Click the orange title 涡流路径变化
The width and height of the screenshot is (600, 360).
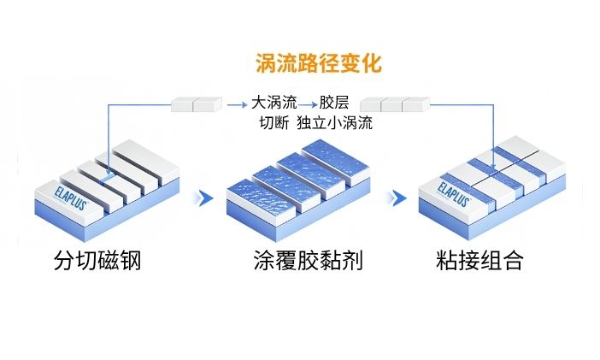pyautogui.click(x=318, y=63)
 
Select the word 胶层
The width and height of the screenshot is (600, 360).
pyautogui.click(x=333, y=103)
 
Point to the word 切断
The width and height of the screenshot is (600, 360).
pyautogui.click(x=274, y=122)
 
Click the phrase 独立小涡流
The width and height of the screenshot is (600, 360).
pyautogui.click(x=335, y=122)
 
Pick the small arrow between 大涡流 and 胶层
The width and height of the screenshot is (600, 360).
pyautogui.click(x=306, y=103)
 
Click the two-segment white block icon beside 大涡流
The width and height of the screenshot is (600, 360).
pyautogui.click(x=196, y=104)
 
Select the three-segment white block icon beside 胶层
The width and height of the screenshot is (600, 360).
pyautogui.click(x=392, y=104)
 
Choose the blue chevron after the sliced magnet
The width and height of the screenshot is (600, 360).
pyautogui.click(x=203, y=198)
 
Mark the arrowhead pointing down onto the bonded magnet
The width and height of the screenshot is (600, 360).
pyautogui.click(x=498, y=150)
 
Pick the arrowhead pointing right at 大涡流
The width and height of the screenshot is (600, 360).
pyautogui.click(x=242, y=104)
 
